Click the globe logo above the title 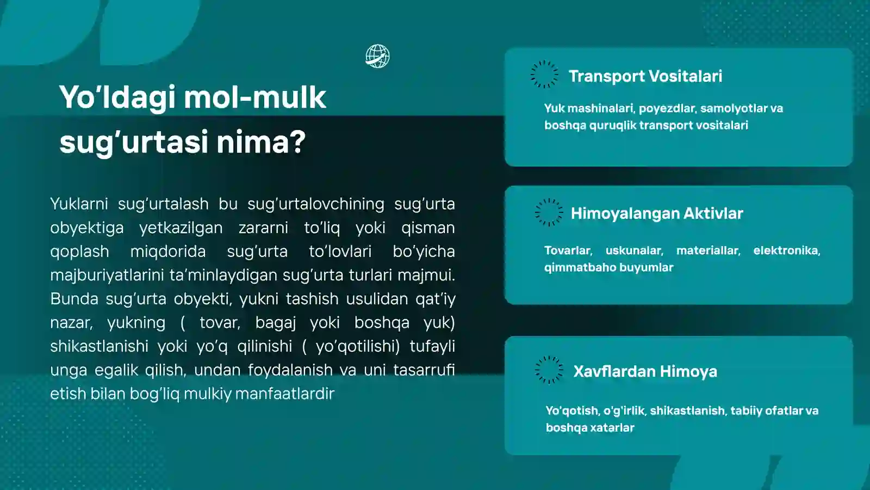[x=377, y=56]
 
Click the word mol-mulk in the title [x=255, y=97]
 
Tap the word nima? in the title [x=261, y=142]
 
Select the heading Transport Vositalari [x=645, y=76]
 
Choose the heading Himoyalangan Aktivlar [x=656, y=213]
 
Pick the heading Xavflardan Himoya [x=645, y=371]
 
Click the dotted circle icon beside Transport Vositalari [x=544, y=75]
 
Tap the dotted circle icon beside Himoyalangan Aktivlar [x=549, y=212]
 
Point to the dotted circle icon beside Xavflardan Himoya [x=549, y=370]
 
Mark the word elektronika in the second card [x=786, y=250]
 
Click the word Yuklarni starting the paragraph [x=79, y=204]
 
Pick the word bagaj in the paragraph [x=276, y=322]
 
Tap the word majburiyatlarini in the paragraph [x=107, y=275]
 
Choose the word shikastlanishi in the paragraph [x=99, y=346]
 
